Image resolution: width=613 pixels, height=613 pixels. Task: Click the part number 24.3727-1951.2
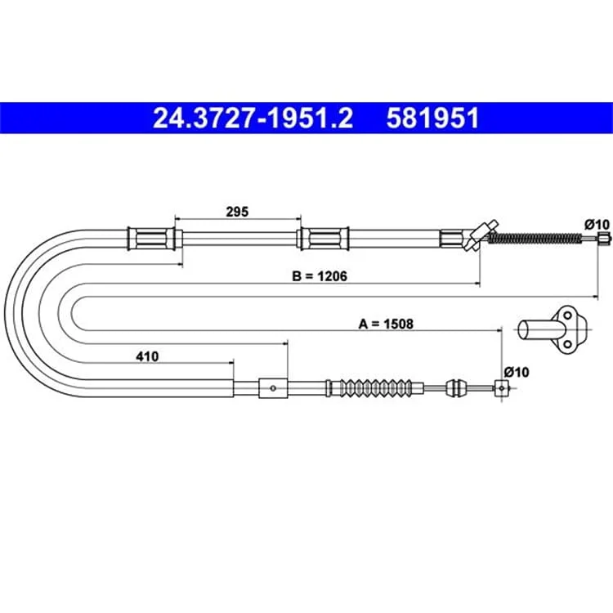point(253,118)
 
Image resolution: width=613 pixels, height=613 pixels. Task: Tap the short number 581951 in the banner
point(432,118)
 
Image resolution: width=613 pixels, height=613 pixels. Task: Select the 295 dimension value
point(237,212)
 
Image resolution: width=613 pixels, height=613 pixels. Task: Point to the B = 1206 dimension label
point(320,276)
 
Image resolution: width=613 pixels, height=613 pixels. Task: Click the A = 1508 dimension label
point(386,324)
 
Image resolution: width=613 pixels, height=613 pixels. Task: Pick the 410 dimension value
point(147,356)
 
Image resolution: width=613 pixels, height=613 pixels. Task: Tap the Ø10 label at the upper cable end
point(597,225)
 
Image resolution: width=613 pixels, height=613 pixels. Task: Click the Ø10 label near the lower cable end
point(517,372)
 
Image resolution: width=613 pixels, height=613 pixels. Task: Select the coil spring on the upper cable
point(535,238)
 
